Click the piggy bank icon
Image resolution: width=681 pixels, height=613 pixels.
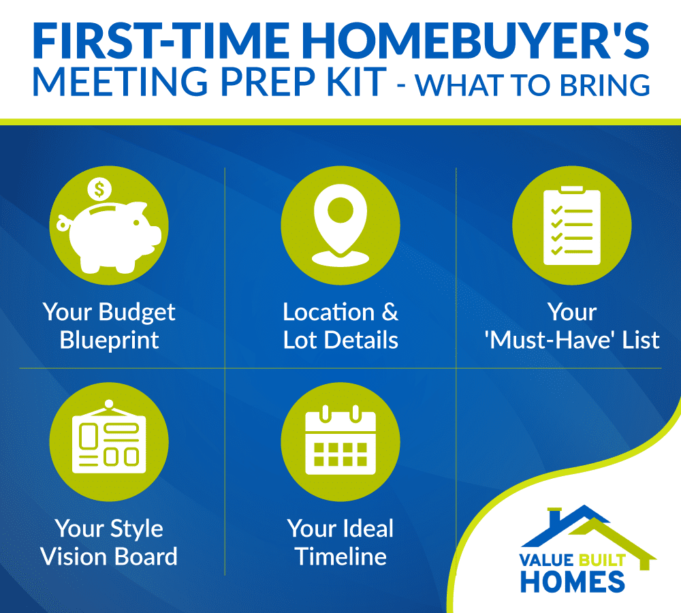click(x=108, y=237)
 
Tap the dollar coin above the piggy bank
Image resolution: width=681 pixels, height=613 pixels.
click(x=99, y=189)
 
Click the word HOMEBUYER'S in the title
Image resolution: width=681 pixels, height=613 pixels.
click(x=475, y=41)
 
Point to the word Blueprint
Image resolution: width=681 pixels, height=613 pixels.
click(x=109, y=340)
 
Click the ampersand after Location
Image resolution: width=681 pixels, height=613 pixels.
click(x=390, y=312)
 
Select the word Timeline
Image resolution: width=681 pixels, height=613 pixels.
click(x=340, y=556)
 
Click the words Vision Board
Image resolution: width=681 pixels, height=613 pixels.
click(x=109, y=556)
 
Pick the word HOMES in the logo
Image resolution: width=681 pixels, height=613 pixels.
click(x=573, y=582)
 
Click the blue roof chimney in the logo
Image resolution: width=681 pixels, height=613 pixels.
click(x=554, y=515)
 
